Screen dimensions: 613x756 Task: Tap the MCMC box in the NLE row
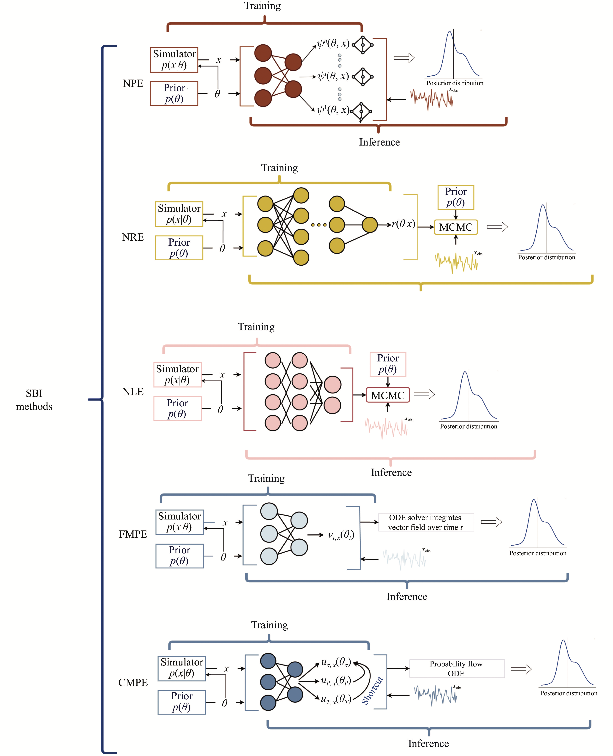pos(388,395)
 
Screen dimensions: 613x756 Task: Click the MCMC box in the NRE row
pos(456,227)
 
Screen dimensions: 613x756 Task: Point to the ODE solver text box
pos(426,522)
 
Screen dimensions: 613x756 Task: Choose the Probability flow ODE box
pos(457,668)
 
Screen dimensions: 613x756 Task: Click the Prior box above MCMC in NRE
pos(456,197)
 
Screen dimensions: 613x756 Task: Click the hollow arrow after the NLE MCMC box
pos(424,394)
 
